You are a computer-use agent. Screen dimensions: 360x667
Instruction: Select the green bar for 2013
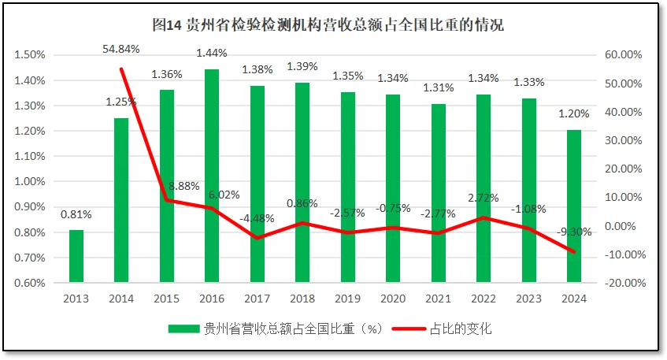pyautogui.click(x=76, y=255)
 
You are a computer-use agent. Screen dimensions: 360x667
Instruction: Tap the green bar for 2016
pyautogui.click(x=212, y=175)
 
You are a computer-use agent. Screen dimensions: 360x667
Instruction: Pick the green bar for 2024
pyautogui.click(x=574, y=205)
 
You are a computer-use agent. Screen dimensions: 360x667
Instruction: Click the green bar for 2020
pyautogui.click(x=393, y=187)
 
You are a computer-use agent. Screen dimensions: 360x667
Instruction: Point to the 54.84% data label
pyautogui.click(x=121, y=49)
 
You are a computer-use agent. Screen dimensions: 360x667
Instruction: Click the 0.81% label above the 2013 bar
pyautogui.click(x=76, y=213)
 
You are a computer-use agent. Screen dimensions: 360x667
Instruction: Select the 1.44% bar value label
pyautogui.click(x=212, y=53)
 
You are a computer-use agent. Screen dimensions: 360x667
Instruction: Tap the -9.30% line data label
pyautogui.click(x=573, y=232)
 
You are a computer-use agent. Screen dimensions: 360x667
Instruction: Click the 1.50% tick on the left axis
pyautogui.click(x=29, y=55)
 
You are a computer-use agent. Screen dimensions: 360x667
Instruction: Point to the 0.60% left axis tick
pyautogui.click(x=29, y=283)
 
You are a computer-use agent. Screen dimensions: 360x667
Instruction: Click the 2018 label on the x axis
pyautogui.click(x=302, y=299)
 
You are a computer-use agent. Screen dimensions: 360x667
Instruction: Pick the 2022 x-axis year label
pyautogui.click(x=484, y=299)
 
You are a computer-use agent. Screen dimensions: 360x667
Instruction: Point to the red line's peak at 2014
pyautogui.click(x=121, y=69)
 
